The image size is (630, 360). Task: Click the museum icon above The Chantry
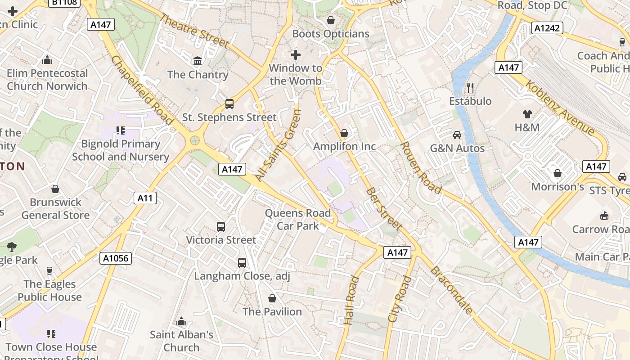pos(197,61)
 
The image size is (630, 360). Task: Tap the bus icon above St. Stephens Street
pos(229,104)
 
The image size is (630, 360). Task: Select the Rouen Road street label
pos(420,167)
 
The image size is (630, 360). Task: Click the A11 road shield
pos(145,198)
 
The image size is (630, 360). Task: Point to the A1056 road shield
pos(115,258)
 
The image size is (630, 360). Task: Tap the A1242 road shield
pos(547,28)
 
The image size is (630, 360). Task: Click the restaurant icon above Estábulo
pos(470,87)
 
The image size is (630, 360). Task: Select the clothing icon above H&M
pos(527,114)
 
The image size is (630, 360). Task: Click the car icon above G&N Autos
pos(457,135)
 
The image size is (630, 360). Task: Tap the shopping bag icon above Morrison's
pos(557,173)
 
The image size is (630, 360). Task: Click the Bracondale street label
pos(451,290)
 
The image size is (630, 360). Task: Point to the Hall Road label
pos(351,300)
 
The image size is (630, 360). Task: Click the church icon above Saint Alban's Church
pos(181,321)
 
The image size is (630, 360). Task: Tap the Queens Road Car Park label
pos(297,219)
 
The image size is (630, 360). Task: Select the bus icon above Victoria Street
pos(220,226)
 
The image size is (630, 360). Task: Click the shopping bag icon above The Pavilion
pos(272,298)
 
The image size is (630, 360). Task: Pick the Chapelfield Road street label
pos(141,90)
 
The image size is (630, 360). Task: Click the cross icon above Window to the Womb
pos(295,55)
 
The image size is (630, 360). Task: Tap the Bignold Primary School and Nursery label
pos(121,150)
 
